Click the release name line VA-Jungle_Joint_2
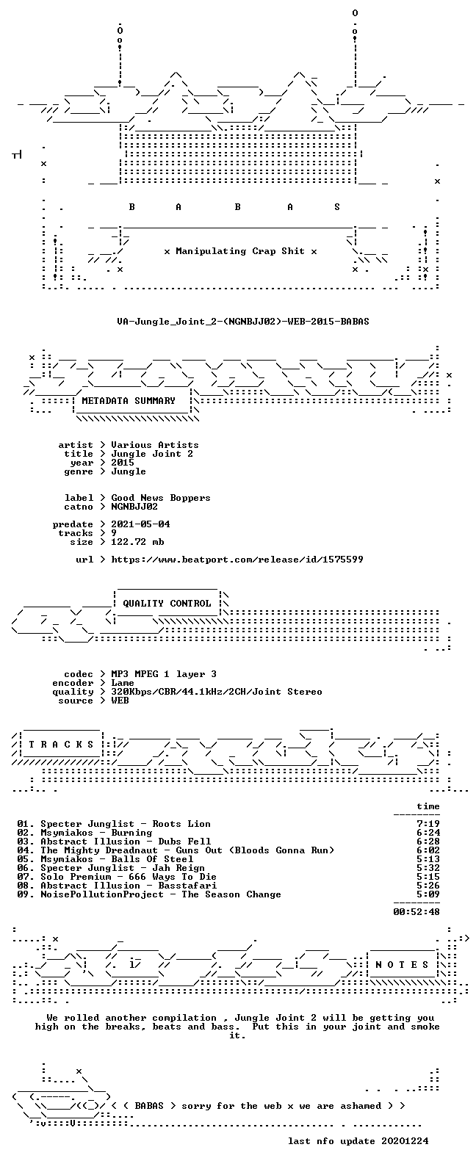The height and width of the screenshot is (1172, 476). click(x=243, y=321)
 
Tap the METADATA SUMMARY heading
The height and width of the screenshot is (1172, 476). click(x=129, y=401)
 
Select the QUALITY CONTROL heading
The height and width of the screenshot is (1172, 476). click(x=167, y=604)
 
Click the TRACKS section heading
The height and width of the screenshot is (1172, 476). click(x=61, y=744)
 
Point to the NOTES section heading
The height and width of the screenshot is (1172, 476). click(x=402, y=964)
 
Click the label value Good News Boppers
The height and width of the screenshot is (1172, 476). click(x=161, y=498)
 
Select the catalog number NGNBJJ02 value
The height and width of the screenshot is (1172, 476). click(x=134, y=507)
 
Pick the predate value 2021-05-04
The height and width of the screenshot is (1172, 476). click(x=140, y=524)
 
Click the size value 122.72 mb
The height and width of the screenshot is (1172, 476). click(x=137, y=541)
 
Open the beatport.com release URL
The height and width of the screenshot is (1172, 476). click(x=237, y=560)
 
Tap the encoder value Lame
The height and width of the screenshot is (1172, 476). click(x=123, y=683)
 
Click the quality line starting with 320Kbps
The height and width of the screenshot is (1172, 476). click(x=216, y=692)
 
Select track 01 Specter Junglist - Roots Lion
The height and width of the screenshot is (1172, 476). click(x=114, y=823)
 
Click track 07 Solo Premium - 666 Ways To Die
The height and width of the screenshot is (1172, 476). click(x=117, y=876)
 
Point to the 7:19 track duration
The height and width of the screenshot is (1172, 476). click(x=428, y=823)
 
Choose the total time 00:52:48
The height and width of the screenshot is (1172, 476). click(x=416, y=911)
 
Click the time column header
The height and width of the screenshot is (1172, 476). click(x=428, y=806)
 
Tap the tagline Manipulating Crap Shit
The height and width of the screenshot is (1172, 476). click(x=240, y=251)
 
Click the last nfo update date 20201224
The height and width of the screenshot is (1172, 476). click(x=405, y=1140)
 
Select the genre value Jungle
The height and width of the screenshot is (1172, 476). click(x=129, y=471)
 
